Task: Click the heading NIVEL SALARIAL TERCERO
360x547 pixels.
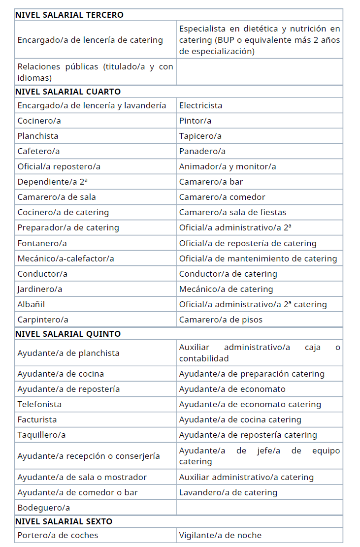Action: tap(69, 15)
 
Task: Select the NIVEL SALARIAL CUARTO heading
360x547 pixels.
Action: tap(68, 92)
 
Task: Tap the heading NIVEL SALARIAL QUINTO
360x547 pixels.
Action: tap(68, 334)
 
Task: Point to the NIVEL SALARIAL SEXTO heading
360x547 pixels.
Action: tap(64, 521)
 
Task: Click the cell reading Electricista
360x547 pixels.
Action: tap(200, 105)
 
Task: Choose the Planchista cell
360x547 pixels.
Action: tap(38, 136)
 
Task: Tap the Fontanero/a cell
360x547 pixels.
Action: tap(42, 243)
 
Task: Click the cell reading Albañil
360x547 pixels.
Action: tap(31, 304)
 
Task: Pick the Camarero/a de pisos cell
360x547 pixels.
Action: tap(221, 320)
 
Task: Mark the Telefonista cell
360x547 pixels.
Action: tap(39, 404)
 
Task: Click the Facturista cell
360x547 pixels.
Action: tap(37, 419)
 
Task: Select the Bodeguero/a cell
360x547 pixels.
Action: tap(43, 508)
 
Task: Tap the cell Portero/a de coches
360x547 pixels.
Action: tap(58, 535)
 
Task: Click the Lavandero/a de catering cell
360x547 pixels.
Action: tap(228, 492)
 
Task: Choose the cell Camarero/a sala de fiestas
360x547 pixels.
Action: tap(232, 212)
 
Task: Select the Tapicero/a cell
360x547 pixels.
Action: tap(200, 136)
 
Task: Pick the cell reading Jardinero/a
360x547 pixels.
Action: tap(40, 289)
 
